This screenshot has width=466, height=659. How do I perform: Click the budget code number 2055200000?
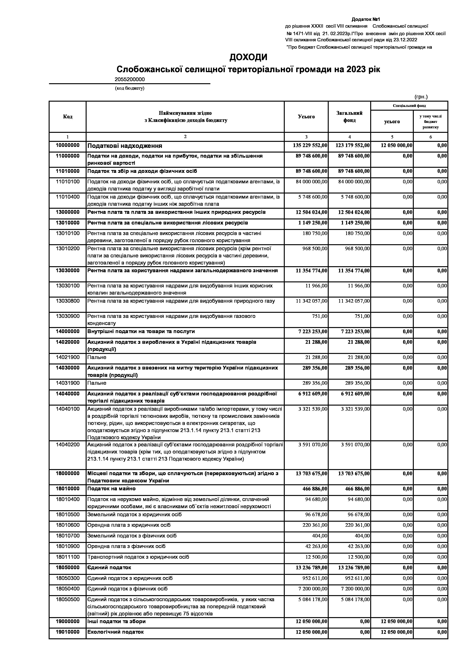130,79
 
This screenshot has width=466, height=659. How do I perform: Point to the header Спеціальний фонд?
409,106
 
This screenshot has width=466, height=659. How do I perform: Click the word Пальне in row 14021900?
97,357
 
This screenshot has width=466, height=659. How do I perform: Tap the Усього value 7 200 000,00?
313,589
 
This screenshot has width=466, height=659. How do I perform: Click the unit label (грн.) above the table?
421,97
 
